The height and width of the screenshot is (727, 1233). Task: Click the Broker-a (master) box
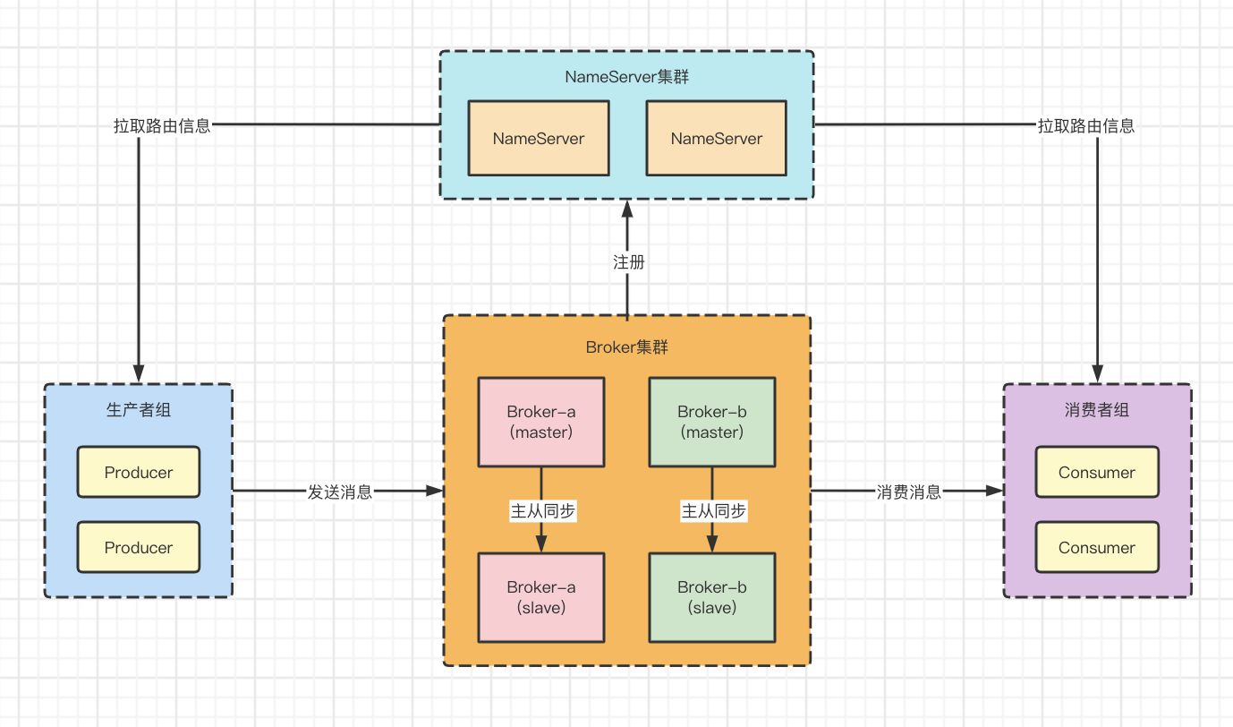tap(541, 422)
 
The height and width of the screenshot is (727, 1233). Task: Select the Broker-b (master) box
tap(712, 422)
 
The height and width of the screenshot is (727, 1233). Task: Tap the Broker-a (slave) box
tap(541, 597)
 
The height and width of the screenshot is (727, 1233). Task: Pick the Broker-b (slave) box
tap(712, 597)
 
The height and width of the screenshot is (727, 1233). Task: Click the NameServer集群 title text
tap(627, 77)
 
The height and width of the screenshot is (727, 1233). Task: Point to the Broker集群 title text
tap(627, 347)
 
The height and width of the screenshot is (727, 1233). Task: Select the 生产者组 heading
tap(138, 409)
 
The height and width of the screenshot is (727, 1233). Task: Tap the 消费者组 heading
tap(1096, 409)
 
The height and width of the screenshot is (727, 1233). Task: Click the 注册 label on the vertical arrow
tap(629, 262)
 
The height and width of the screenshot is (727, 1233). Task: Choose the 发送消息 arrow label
tap(340, 492)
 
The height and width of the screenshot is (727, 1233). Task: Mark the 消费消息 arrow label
tap(909, 492)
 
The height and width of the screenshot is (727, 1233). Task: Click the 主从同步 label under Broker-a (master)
tap(543, 511)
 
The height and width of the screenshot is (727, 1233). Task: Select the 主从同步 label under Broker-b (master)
tap(713, 511)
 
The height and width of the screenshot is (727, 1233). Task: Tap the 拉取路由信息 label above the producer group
tap(162, 126)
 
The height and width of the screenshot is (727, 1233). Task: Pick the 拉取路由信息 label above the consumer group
tap(1086, 126)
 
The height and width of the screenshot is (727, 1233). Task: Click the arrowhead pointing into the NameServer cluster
tap(627, 209)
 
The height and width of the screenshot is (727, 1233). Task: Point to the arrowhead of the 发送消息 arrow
tap(434, 491)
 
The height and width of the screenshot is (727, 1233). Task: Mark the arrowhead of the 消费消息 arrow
tap(995, 491)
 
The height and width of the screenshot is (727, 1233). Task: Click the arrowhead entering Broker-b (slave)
tap(712, 543)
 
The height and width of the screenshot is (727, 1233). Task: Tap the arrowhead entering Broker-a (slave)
tap(541, 543)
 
